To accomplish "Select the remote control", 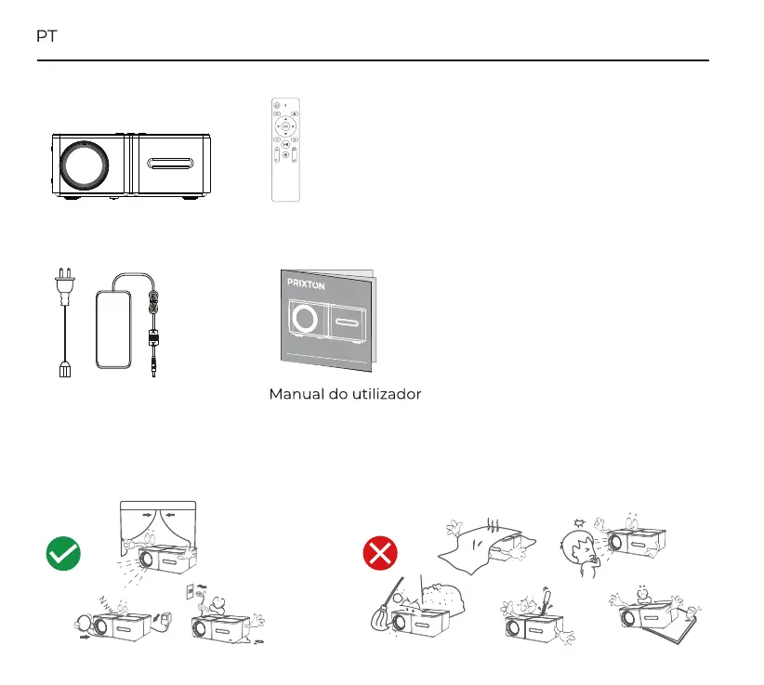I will tap(285, 149).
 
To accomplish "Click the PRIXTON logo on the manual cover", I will tap(306, 285).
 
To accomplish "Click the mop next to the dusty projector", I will tap(384, 609).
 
